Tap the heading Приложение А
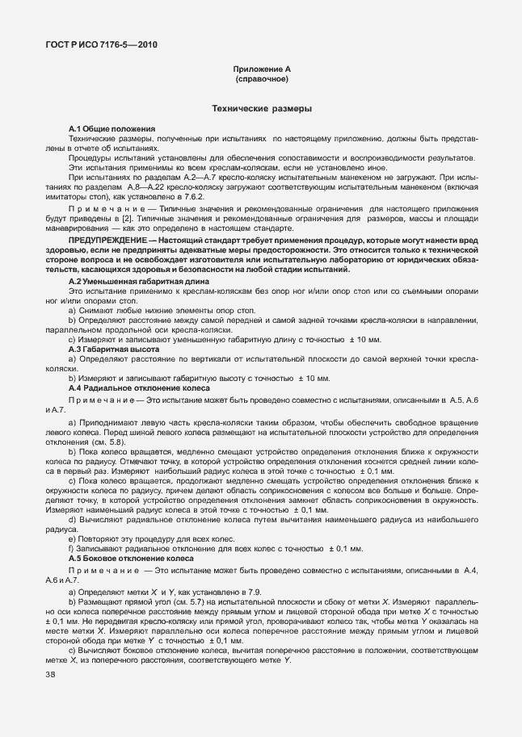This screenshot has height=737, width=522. point(261,71)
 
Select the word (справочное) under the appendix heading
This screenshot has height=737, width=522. point(261,81)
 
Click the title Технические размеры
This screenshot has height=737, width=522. point(261,107)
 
